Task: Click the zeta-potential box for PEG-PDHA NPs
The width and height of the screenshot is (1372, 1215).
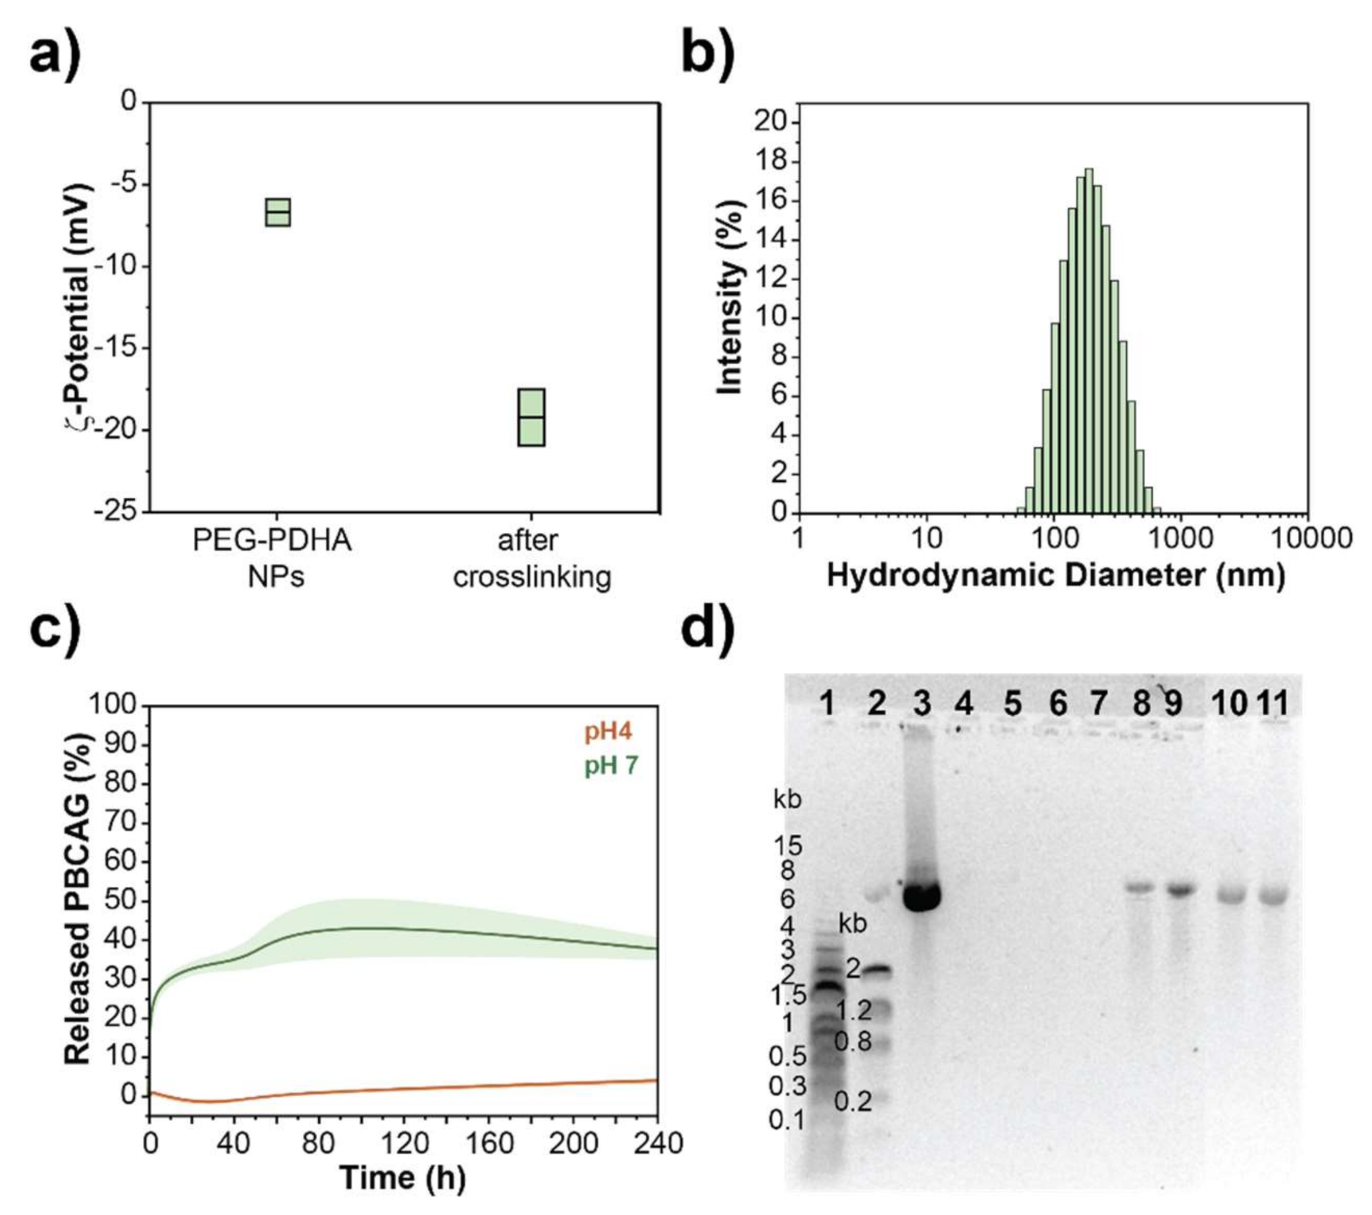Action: pos(278,212)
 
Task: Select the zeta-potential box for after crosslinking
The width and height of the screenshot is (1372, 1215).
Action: pos(531,417)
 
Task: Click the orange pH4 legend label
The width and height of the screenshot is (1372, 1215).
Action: pos(608,732)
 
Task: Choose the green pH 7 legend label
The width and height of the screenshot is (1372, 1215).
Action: pos(611,766)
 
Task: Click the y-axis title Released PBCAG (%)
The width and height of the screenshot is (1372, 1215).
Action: pos(77,901)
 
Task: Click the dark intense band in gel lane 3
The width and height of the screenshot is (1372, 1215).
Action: pos(922,897)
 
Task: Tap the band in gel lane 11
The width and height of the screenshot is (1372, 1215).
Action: pos(1273,897)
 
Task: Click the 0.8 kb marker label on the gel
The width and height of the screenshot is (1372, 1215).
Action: pos(853,1042)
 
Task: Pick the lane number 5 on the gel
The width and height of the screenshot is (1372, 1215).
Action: pos(1012,704)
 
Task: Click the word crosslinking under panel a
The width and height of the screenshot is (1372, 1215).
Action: pos(532,576)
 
